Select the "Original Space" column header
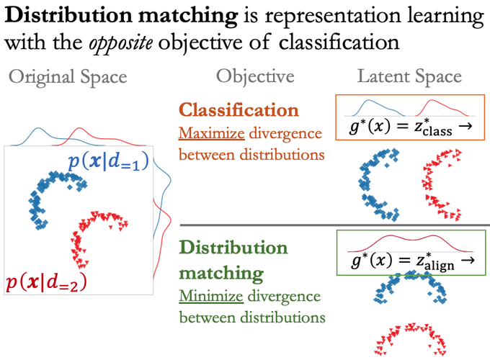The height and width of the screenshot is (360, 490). [68, 76]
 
